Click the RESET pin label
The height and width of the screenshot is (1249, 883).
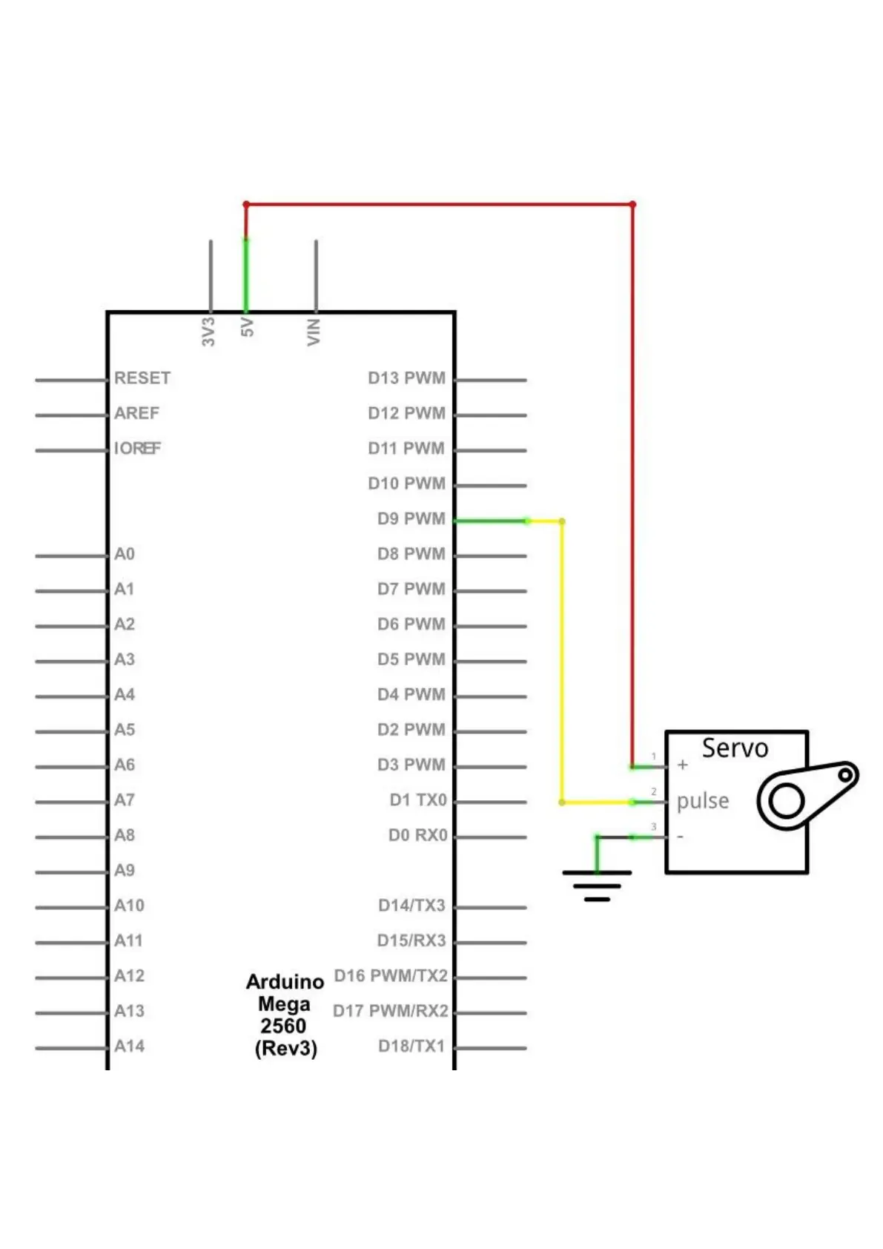(142, 378)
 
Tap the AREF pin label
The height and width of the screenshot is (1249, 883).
(136, 413)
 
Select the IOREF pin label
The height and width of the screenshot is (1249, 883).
(137, 448)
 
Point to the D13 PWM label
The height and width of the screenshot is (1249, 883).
(406, 378)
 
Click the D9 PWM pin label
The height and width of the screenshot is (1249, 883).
(411, 518)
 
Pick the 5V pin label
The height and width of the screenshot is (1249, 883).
(248, 327)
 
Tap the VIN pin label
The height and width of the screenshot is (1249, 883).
(314, 332)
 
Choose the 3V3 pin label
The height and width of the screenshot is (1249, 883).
(208, 332)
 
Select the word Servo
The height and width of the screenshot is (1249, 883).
(735, 748)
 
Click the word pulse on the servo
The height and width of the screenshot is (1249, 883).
(702, 801)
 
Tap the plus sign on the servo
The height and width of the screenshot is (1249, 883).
(683, 765)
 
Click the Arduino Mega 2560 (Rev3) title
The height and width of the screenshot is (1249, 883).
(285, 1015)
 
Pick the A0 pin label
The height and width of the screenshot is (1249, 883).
(125, 554)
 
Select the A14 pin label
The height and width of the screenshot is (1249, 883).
(129, 1047)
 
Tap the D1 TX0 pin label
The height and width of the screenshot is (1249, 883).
(418, 800)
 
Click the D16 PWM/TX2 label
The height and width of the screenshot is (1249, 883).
(391, 976)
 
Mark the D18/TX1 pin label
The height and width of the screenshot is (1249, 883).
(411, 1047)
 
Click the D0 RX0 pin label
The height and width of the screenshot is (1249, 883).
(418, 835)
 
